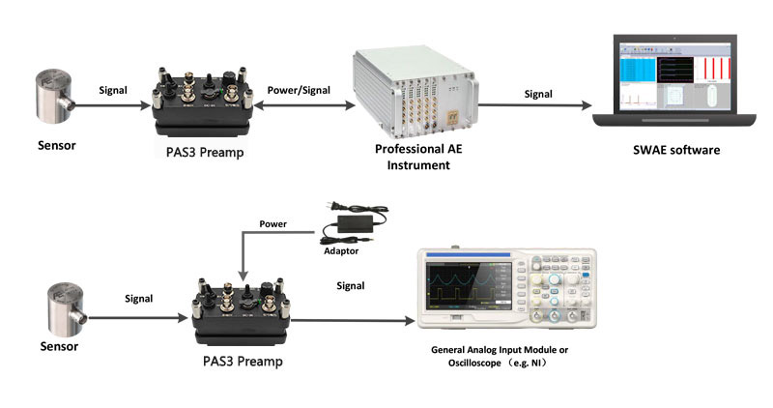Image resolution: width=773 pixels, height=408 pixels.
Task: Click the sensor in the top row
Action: (58, 102)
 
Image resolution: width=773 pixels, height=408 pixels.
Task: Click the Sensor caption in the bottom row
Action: (59, 345)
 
